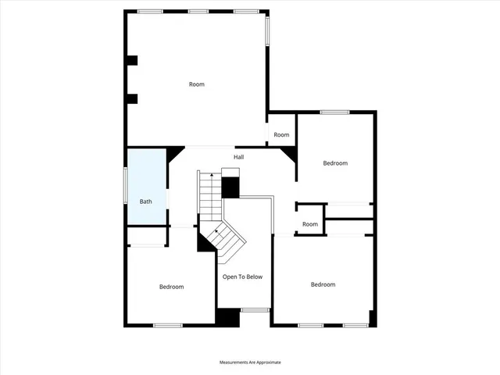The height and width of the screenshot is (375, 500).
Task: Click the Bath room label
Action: [x=145, y=202]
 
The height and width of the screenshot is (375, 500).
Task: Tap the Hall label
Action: [x=238, y=157]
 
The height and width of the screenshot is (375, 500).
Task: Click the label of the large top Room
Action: [x=197, y=84]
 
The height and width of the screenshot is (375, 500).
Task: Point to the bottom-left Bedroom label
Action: [x=171, y=287]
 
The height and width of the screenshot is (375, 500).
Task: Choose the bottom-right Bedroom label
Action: [x=323, y=284]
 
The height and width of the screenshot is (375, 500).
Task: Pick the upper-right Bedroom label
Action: [x=335, y=163]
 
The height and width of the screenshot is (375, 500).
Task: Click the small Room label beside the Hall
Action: [x=281, y=135]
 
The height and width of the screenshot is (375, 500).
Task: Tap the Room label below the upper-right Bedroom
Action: [x=310, y=225]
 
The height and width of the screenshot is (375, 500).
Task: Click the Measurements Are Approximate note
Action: [x=249, y=362]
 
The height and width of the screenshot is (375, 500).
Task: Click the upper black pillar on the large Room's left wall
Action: [x=132, y=60]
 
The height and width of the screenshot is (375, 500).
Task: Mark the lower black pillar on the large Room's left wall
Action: [x=132, y=98]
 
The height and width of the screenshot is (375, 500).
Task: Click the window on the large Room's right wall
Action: [x=267, y=30]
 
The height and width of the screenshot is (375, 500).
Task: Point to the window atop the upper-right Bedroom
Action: [x=334, y=112]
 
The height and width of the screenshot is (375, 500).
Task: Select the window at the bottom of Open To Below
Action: [x=255, y=311]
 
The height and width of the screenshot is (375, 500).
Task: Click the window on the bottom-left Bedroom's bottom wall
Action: [x=167, y=325]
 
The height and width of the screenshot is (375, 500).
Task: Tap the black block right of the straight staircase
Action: [x=230, y=187]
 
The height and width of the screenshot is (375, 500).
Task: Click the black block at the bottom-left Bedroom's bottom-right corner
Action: [x=228, y=318]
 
